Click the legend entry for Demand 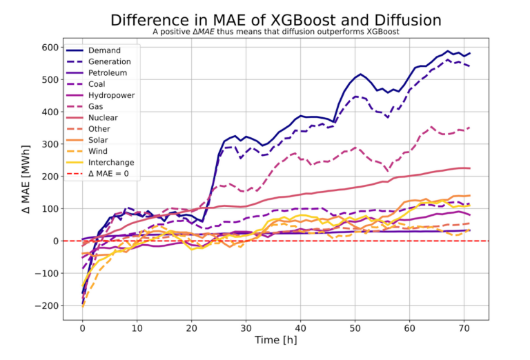click(x=104, y=50)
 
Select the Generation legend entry click(x=110, y=61)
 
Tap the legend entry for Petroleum click(x=108, y=72)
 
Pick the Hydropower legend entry click(x=111, y=95)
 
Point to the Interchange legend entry click(x=112, y=162)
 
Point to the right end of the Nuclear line click(x=470, y=168)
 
